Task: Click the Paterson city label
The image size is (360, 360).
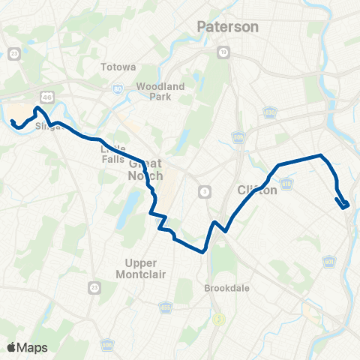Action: tap(227, 27)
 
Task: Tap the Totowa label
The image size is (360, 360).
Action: tap(117, 67)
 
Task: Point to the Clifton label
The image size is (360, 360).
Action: tap(257, 190)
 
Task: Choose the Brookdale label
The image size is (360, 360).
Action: tap(226, 287)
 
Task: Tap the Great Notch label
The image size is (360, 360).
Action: tap(145, 169)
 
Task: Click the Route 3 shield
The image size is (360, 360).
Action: tap(204, 191)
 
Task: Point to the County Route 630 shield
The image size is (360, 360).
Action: tap(269, 112)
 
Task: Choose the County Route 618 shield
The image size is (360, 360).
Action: tap(288, 184)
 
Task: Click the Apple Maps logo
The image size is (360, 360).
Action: tap(27, 347)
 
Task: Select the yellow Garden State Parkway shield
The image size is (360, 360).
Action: tap(219, 319)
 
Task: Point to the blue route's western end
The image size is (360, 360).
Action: tap(13, 120)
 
